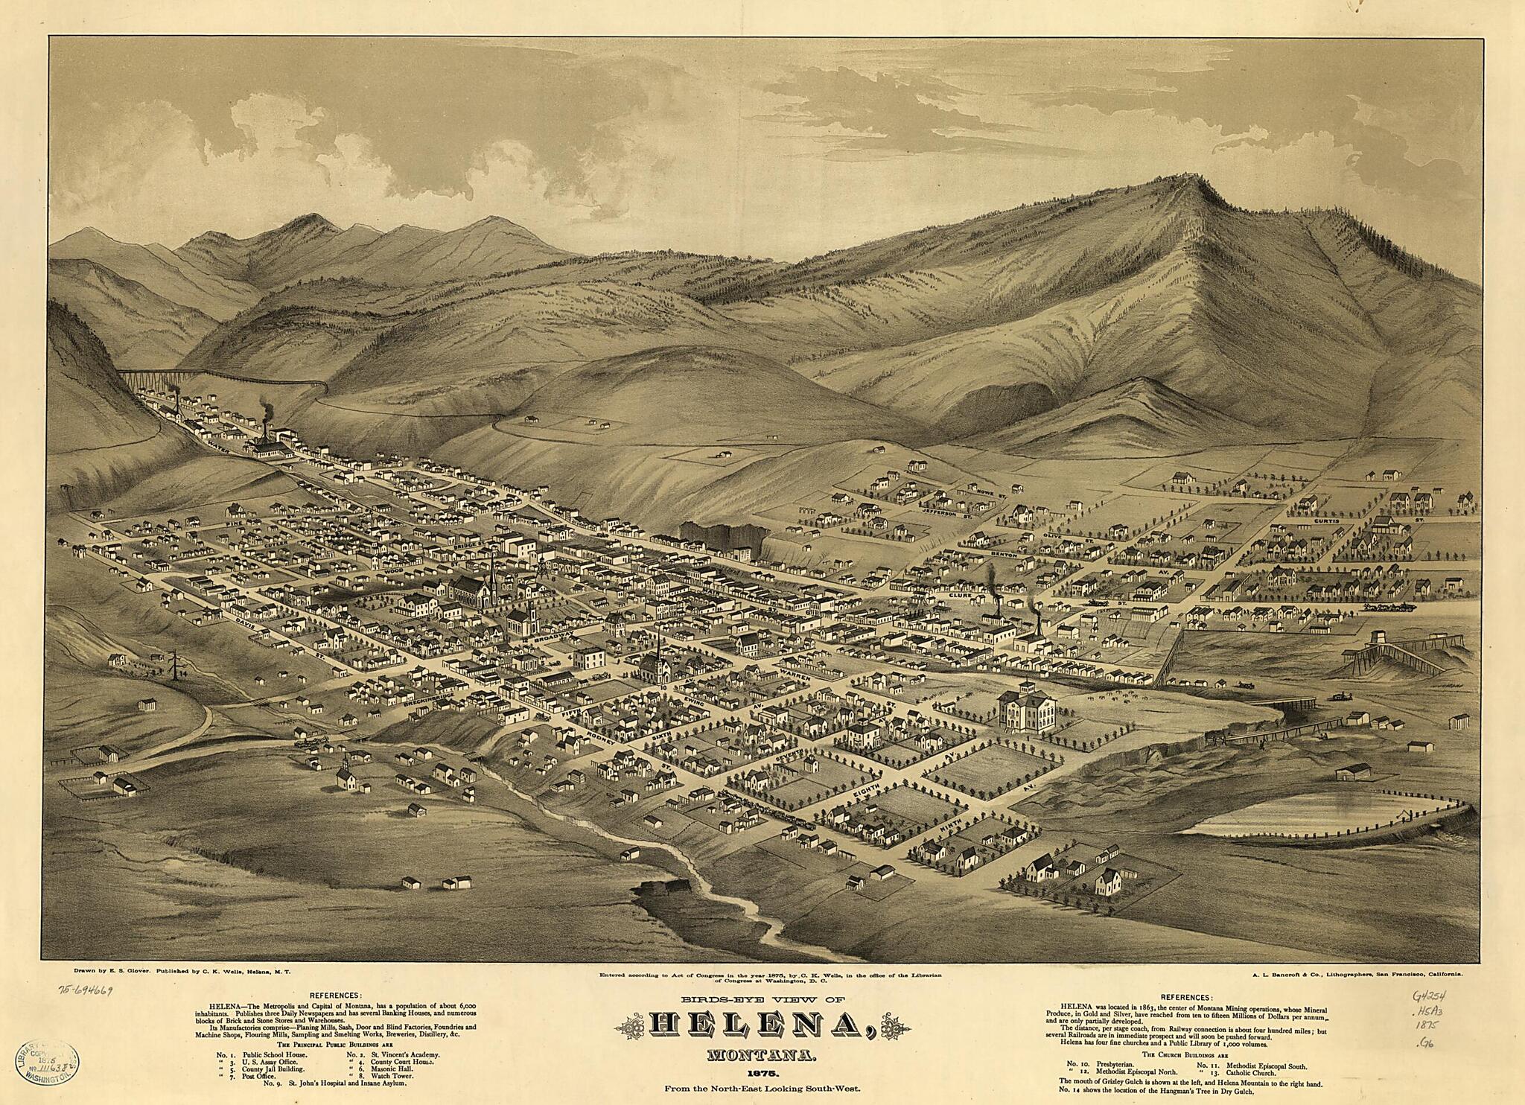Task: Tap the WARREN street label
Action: tap(799, 676)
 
